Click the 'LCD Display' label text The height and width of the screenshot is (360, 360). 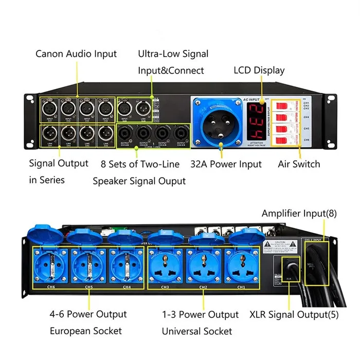[259, 70]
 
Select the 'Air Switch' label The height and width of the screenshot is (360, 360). [299, 164]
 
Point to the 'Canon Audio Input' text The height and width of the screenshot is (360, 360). [76, 53]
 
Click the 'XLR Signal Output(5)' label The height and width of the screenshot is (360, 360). [296, 314]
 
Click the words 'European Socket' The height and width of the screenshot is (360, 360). [86, 331]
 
